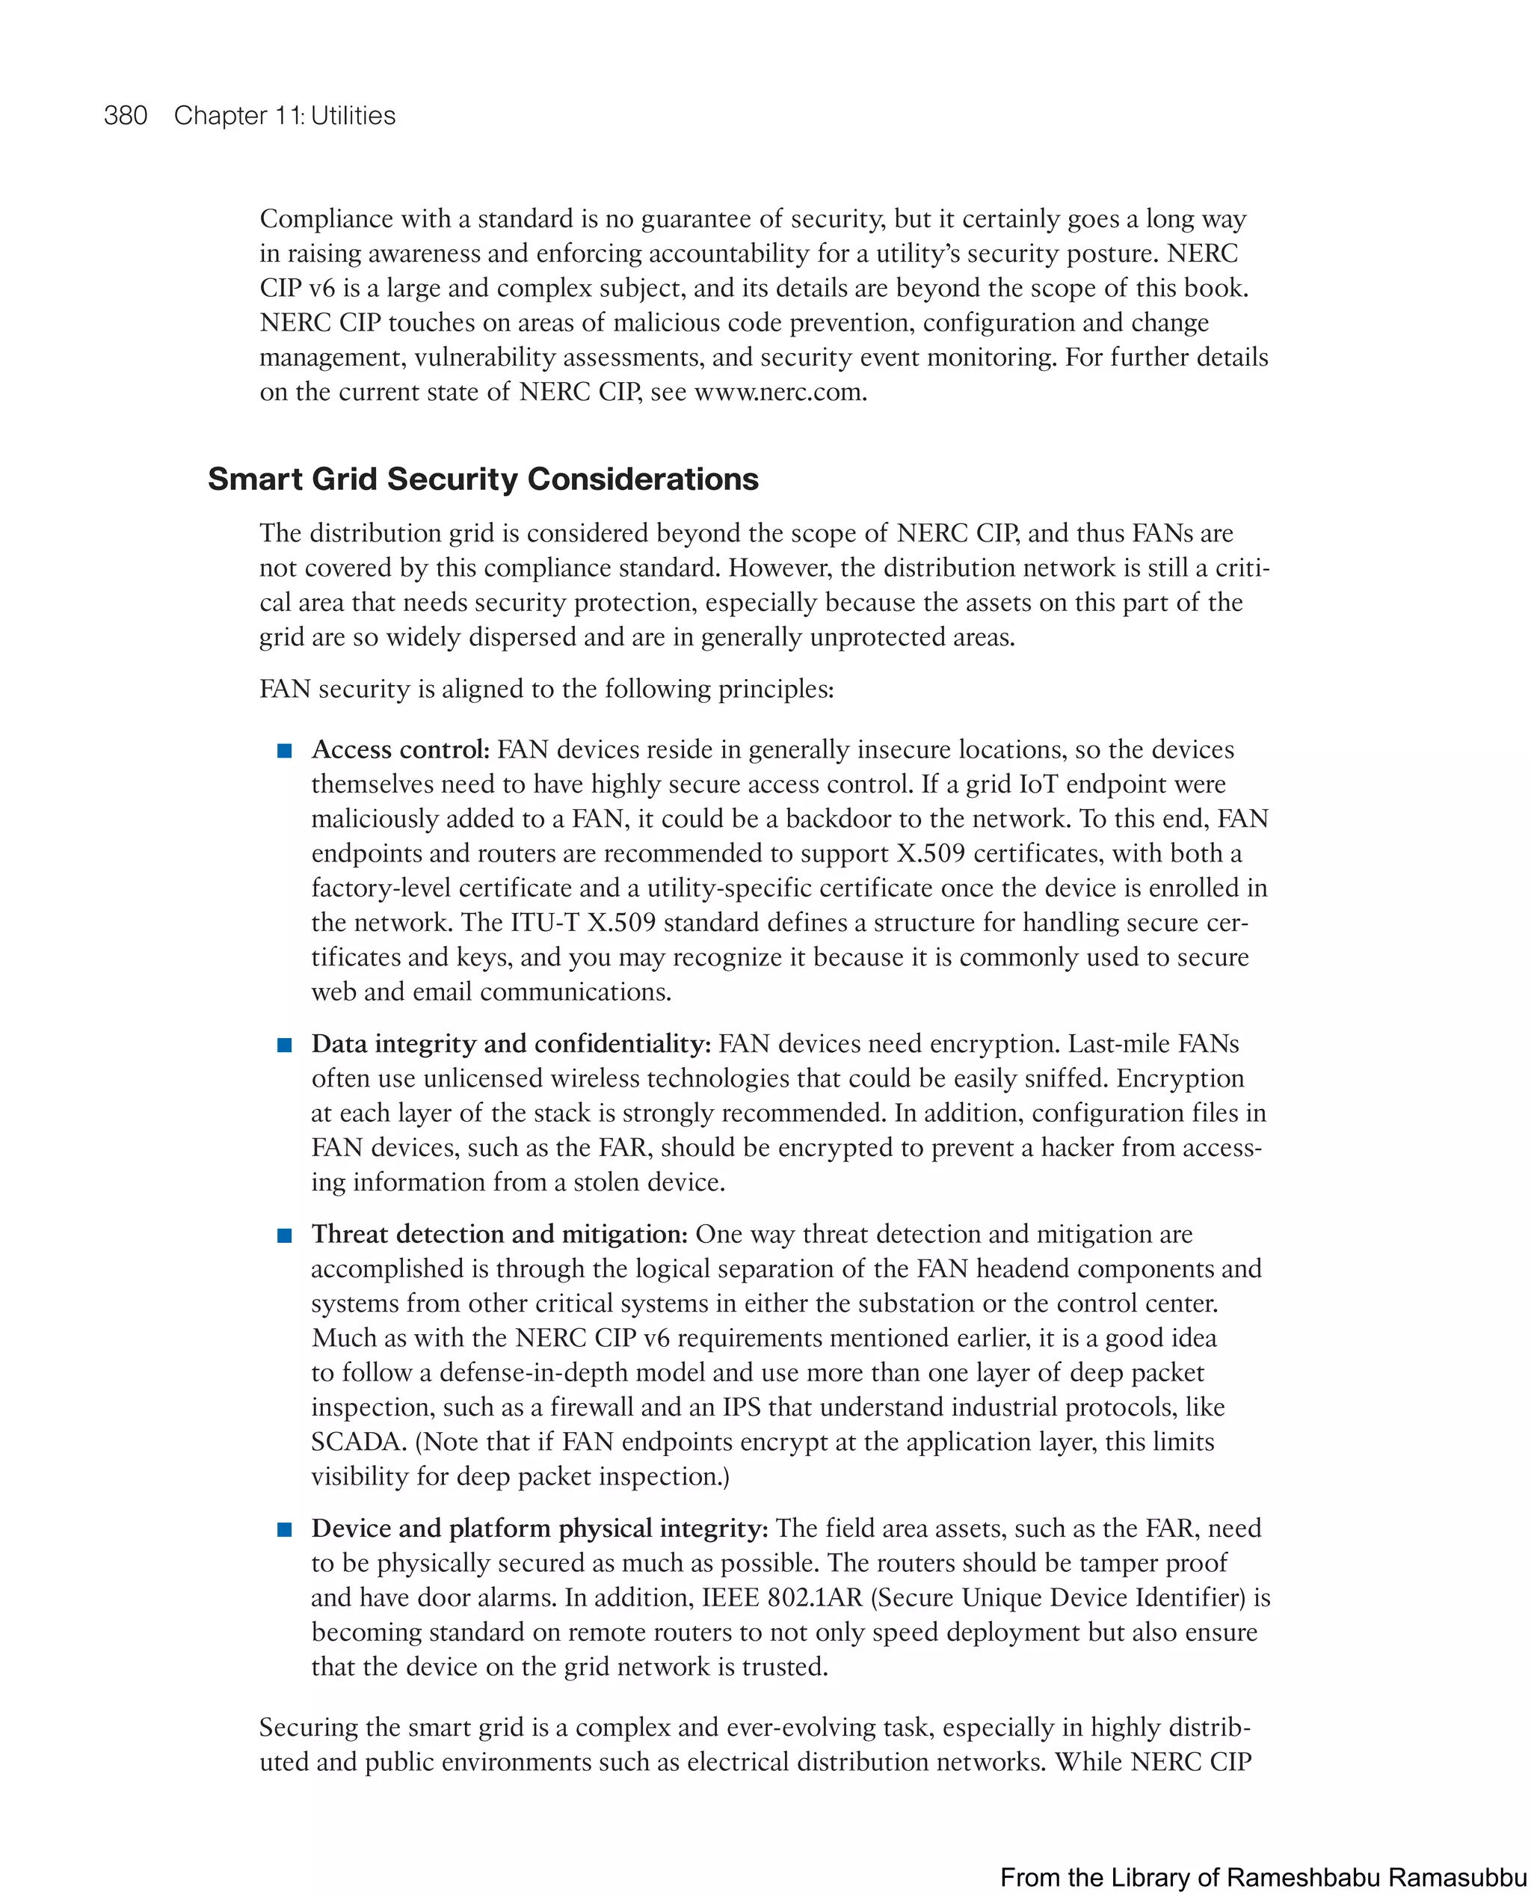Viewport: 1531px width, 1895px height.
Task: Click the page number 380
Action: click(x=126, y=116)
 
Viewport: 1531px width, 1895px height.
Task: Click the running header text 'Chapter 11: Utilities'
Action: click(x=284, y=116)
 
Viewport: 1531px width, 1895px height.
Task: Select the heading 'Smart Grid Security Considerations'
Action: click(x=482, y=479)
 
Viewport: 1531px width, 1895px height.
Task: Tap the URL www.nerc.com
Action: click(x=780, y=392)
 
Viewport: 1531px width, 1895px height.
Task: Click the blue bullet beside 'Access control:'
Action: click(x=284, y=751)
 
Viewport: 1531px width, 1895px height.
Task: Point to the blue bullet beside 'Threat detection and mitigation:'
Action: click(x=284, y=1235)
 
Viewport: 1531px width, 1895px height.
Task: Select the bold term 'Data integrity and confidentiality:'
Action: click(x=511, y=1044)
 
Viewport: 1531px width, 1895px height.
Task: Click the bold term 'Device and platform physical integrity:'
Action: click(x=539, y=1528)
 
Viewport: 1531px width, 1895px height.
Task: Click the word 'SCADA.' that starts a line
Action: click(x=359, y=1442)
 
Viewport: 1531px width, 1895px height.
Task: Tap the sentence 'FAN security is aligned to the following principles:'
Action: click(x=546, y=689)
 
